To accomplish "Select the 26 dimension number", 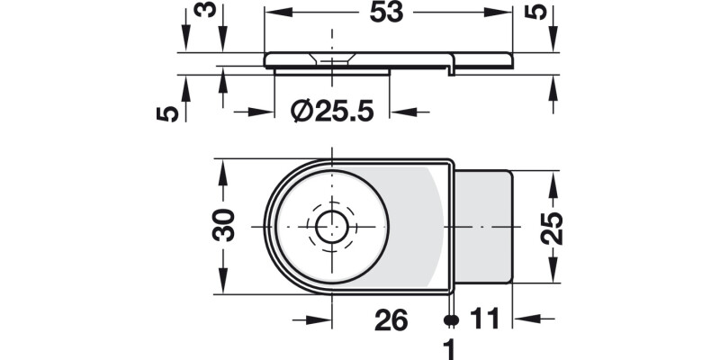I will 390,319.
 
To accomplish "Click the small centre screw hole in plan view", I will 332,227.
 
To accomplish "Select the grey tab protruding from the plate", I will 483,227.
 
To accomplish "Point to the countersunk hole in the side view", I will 331,58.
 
